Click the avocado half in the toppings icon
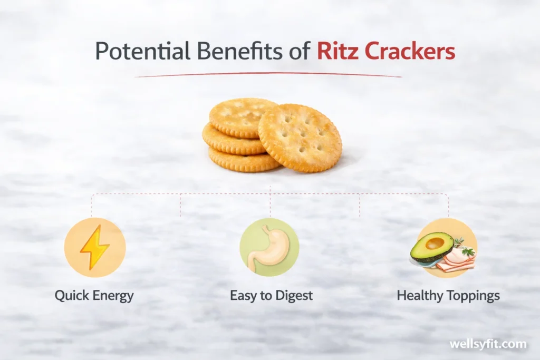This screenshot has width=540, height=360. [x=432, y=247]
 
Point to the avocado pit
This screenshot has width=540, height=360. [x=434, y=243]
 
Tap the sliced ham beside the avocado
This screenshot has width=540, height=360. [x=457, y=260]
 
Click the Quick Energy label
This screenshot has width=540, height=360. [x=94, y=296]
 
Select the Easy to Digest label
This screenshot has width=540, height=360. [x=271, y=296]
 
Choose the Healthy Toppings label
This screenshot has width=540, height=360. [x=448, y=296]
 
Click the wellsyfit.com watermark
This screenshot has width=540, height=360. [x=488, y=344]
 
